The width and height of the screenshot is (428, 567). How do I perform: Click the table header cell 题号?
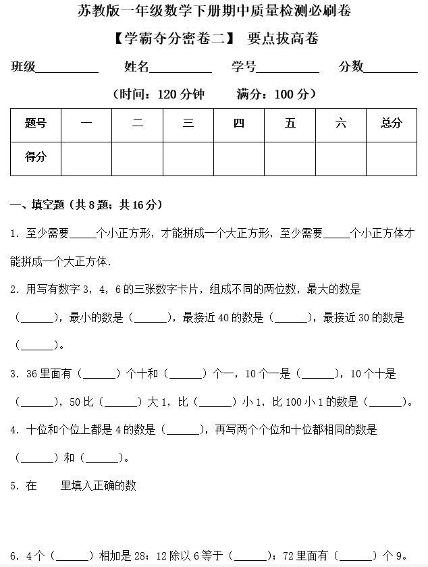click(x=36, y=123)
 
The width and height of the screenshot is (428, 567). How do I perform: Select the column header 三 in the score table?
click(x=188, y=123)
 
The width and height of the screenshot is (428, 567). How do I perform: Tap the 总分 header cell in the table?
click(x=391, y=123)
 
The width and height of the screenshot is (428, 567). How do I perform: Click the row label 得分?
click(x=36, y=157)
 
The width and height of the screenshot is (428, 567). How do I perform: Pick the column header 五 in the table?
click(x=290, y=123)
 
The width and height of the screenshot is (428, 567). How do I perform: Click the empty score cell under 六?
click(x=341, y=158)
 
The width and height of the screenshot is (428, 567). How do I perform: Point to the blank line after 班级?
click(x=67, y=67)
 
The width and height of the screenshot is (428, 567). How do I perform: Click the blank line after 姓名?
click(x=180, y=67)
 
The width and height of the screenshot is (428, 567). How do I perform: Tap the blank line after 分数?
click(x=391, y=67)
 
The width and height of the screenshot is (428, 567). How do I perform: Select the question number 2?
click(x=14, y=290)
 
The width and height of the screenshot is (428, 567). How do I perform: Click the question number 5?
click(x=14, y=485)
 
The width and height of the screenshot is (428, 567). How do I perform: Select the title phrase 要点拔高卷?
click(x=283, y=38)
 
